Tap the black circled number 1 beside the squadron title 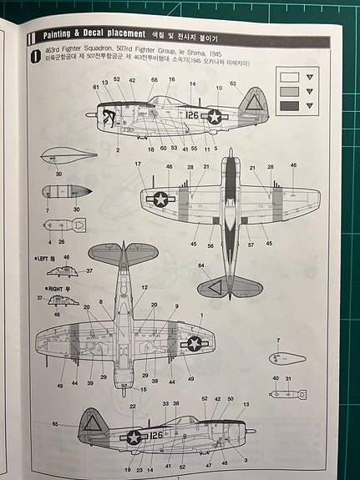pyautogui.click(x=34, y=58)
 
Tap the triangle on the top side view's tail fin pyautogui.click(x=250, y=104)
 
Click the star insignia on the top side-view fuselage pyautogui.click(x=215, y=117)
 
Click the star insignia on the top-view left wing pyautogui.click(x=160, y=199)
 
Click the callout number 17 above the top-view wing pyautogui.click(x=138, y=164)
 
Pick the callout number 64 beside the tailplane pyautogui.click(x=200, y=265)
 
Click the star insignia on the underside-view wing pyautogui.click(x=195, y=341)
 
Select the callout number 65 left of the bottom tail pyautogui.click(x=54, y=424)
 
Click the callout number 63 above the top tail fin pyautogui.click(x=233, y=83)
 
